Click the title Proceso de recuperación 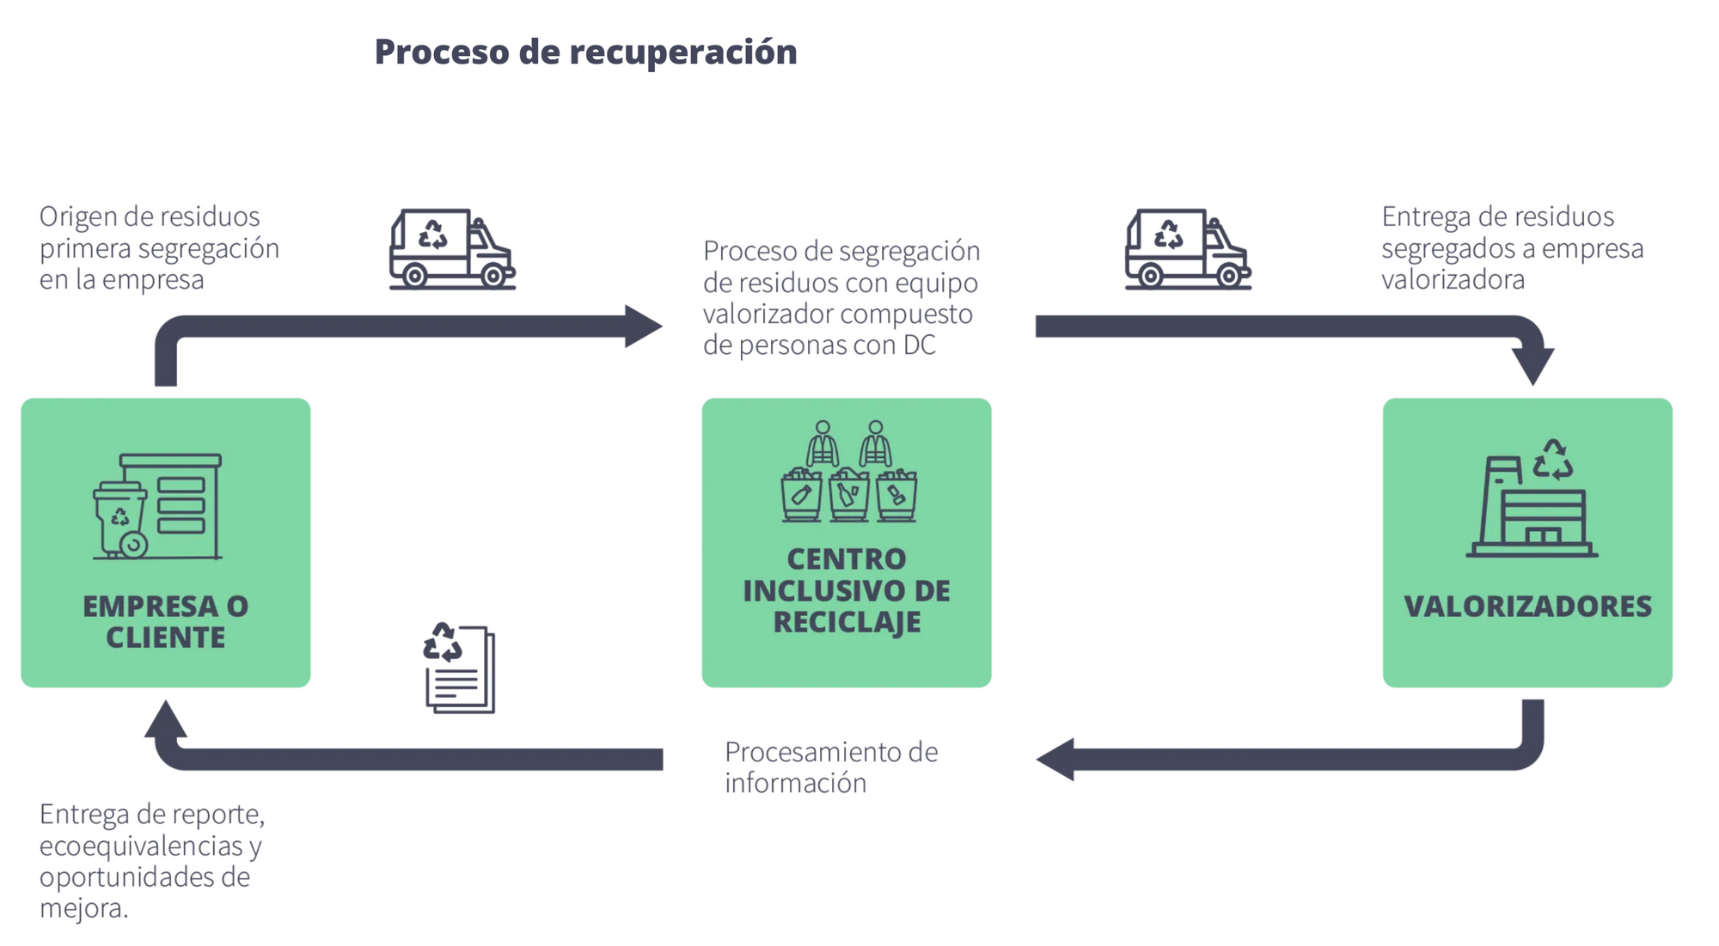click(585, 52)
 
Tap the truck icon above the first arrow click(451, 249)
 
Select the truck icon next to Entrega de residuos click(1187, 249)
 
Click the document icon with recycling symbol click(460, 668)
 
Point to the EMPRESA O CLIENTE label click(166, 621)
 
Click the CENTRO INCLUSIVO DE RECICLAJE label click(847, 590)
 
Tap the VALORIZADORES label click(1527, 607)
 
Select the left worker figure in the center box click(823, 443)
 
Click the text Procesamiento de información click(830, 767)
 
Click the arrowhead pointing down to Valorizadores click(1532, 365)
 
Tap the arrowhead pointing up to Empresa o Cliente click(166, 719)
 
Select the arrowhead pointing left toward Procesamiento click(1056, 759)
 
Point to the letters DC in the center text click(919, 345)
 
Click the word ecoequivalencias click(142, 846)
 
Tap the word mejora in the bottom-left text click(83, 908)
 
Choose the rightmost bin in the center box click(896, 496)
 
